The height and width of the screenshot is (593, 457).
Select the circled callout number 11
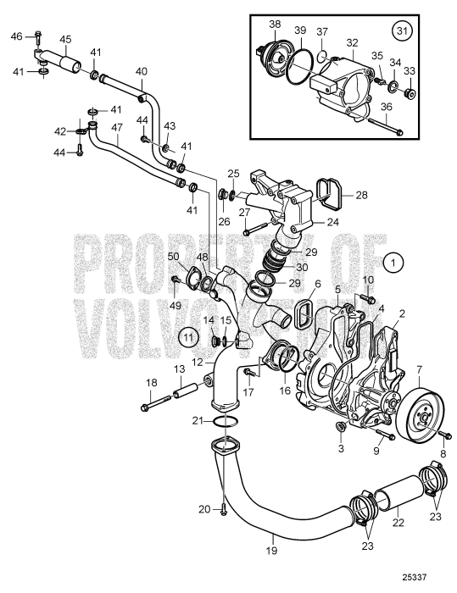pos(189,336)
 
